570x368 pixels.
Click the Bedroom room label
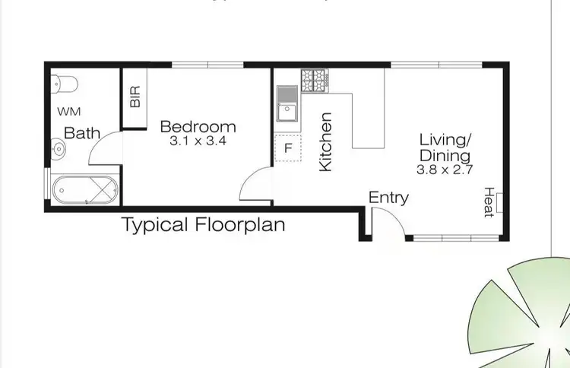click(198, 126)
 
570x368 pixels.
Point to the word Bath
click(82, 133)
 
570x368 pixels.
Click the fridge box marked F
click(287, 148)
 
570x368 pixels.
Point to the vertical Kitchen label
click(326, 141)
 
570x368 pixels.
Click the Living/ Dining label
click(446, 148)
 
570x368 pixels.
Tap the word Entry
click(388, 198)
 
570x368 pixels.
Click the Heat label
click(489, 201)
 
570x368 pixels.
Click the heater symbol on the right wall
click(499, 202)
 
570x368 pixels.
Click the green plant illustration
click(524, 312)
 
